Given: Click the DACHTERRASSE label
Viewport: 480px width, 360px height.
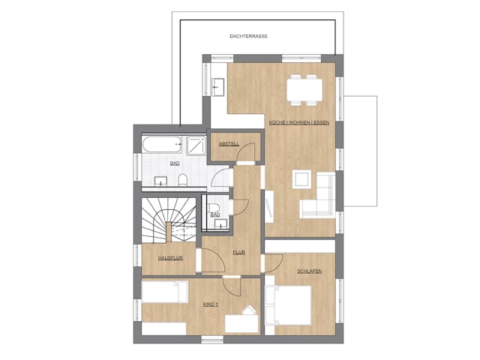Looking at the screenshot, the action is (248, 36).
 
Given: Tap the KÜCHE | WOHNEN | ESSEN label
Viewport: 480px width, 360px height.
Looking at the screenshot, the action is (298, 122).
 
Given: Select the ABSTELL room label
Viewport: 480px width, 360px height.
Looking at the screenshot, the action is (229, 143).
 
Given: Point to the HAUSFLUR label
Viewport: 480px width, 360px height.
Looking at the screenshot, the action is (170, 258).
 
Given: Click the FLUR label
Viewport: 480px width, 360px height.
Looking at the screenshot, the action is (239, 253).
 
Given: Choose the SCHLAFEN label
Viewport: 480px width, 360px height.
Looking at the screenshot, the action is (310, 271).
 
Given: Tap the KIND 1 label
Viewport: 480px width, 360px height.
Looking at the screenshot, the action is (211, 304).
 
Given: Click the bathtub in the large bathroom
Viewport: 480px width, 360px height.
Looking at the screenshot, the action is (162, 144).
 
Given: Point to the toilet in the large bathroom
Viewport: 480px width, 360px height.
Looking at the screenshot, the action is (182, 180).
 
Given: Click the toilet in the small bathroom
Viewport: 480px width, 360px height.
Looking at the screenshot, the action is (213, 207).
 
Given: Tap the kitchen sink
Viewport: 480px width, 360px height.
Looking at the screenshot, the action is (218, 87).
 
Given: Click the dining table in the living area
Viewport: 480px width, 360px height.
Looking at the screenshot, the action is (305, 90).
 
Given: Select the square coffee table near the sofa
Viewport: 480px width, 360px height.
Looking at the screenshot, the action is (301, 179).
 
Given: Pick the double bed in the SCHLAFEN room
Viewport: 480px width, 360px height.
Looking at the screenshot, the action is (288, 305).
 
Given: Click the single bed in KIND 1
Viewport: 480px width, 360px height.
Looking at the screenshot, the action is (165, 292).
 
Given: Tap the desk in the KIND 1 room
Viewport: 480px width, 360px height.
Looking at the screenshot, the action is (241, 323).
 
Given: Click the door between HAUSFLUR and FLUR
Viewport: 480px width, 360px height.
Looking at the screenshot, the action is (214, 259).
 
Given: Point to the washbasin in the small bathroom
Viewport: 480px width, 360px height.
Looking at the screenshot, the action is (222, 223).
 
